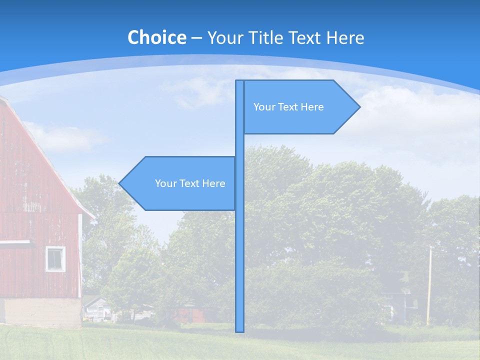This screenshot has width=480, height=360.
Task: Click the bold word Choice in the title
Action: [x=156, y=37]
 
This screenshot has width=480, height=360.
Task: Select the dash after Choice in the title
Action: [x=196, y=38]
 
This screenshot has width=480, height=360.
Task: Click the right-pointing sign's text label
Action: [x=288, y=107]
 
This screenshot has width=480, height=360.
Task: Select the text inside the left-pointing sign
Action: [x=190, y=183]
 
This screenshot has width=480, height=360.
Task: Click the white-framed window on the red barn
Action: [x=55, y=259]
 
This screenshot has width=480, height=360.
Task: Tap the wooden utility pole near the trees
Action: [x=429, y=285]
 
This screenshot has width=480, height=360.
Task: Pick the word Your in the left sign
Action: [x=165, y=183]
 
